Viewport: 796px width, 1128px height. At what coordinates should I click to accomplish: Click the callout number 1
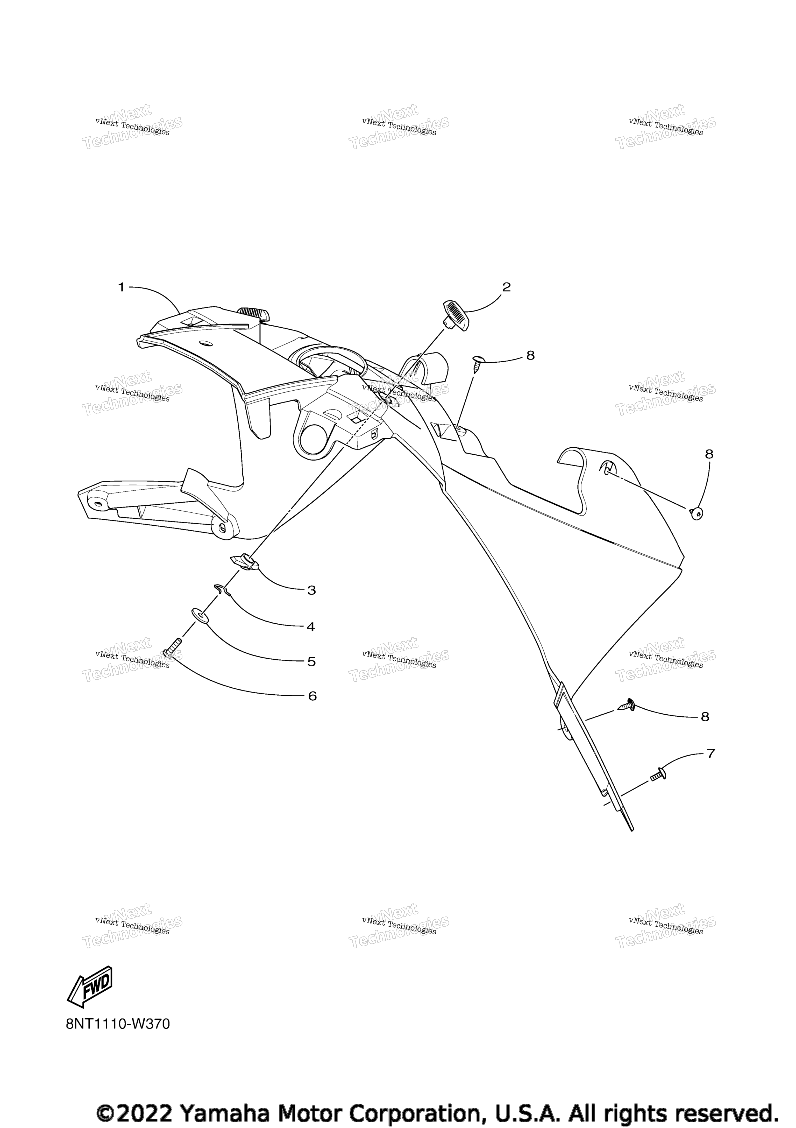(x=121, y=287)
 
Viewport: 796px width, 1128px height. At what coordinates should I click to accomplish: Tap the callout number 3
(x=311, y=590)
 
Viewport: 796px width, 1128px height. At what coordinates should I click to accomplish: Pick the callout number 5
(x=311, y=662)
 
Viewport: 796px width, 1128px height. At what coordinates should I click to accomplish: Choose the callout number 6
(x=312, y=696)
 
